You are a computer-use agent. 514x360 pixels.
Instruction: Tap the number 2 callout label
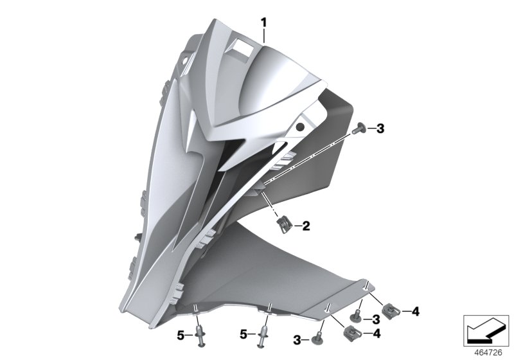(306, 226)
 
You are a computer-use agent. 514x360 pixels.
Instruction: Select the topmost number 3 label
(380, 129)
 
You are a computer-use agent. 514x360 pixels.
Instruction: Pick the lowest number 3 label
(298, 339)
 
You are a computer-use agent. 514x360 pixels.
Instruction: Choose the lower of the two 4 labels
(377, 333)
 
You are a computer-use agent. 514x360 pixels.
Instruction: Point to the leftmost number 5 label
(181, 334)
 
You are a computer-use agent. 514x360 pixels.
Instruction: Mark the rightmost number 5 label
(244, 334)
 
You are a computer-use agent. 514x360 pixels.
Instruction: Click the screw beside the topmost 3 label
(359, 129)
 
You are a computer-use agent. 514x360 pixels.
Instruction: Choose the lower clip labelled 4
(351, 332)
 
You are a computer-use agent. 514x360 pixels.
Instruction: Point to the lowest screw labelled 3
(318, 337)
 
